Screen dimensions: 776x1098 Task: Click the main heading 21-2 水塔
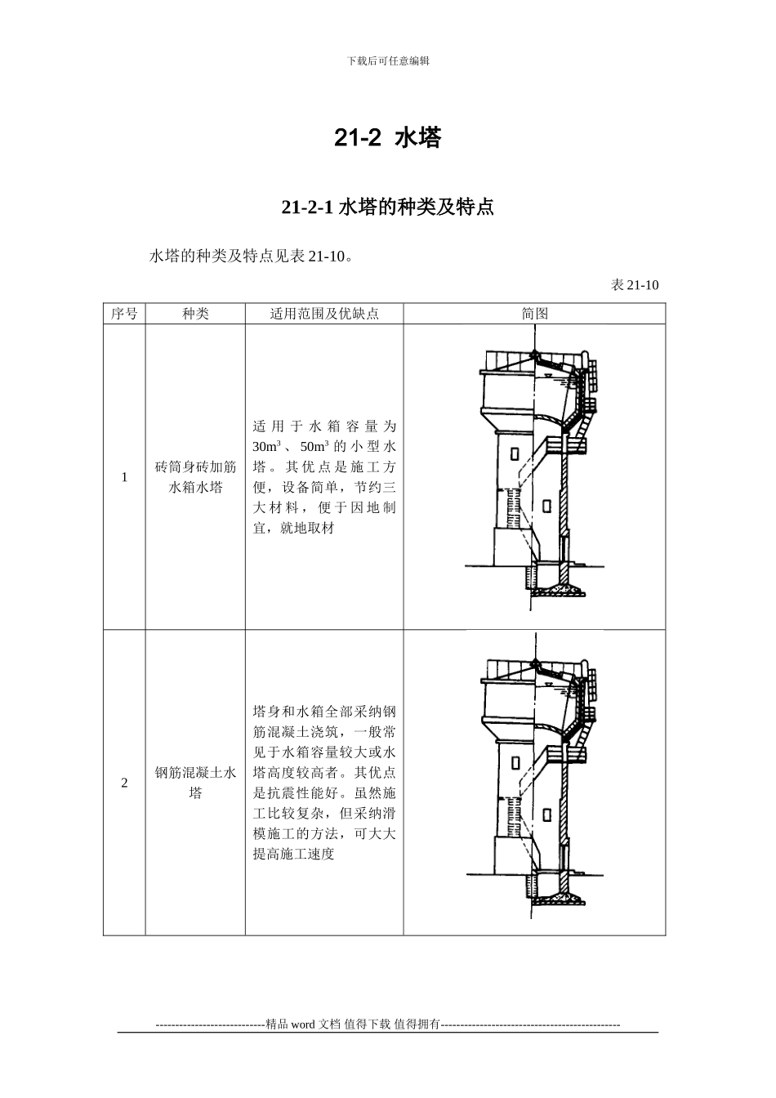[387, 139]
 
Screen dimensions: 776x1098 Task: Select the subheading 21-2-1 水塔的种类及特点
[387, 208]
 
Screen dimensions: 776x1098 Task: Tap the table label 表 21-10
[635, 284]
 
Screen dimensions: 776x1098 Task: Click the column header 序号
[124, 314]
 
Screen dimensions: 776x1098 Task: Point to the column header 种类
[195, 314]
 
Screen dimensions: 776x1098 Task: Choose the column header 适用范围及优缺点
[324, 314]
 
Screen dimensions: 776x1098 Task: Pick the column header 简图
[534, 314]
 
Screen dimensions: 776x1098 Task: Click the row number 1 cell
[124, 477]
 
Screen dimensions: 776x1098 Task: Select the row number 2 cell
[124, 783]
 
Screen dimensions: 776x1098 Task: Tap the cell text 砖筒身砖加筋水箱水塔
[195, 477]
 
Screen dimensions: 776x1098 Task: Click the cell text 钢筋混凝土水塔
[195, 783]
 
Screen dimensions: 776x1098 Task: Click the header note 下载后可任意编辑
[388, 60]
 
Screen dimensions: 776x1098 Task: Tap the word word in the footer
[303, 1024]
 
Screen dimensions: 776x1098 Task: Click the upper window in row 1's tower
[515, 453]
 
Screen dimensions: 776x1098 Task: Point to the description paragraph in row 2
[324, 783]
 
